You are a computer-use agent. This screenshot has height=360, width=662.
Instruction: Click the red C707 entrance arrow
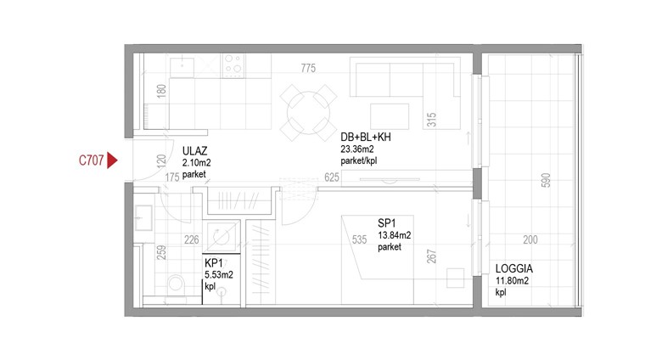pyautogui.click(x=112, y=160)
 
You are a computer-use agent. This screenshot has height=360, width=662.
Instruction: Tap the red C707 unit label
pyautogui.click(x=91, y=160)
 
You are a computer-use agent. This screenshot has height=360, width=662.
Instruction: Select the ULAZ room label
pyautogui.click(x=194, y=151)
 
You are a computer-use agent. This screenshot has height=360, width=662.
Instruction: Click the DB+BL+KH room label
pyautogui.click(x=366, y=137)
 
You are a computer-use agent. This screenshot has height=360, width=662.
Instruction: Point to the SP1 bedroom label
pyautogui.click(x=387, y=223)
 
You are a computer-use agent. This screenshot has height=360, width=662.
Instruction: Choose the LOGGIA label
pyautogui.click(x=513, y=268)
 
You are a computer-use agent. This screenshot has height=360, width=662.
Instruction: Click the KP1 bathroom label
pyautogui.click(x=214, y=263)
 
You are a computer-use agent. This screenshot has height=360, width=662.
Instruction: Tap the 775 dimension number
pyautogui.click(x=308, y=68)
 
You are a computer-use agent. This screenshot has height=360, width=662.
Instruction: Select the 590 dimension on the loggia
pyautogui.click(x=546, y=180)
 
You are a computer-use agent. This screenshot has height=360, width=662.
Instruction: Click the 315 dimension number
pyautogui.click(x=431, y=120)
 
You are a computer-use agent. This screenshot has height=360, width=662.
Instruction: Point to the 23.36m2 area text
pyautogui.click(x=357, y=149)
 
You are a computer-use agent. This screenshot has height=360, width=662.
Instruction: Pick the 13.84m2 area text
pyautogui.click(x=395, y=235)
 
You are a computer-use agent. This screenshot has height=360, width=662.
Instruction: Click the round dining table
pyautogui.click(x=309, y=112)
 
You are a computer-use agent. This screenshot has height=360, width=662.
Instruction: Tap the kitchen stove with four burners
pyautogui.click(x=233, y=65)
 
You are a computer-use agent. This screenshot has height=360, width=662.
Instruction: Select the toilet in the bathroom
pyautogui.click(x=176, y=285)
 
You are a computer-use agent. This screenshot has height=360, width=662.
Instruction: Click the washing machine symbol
pyautogui.click(x=222, y=237)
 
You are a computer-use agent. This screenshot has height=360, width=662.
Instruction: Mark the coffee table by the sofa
pyautogui.click(x=390, y=116)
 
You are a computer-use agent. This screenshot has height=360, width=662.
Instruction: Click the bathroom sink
pyautogui.click(x=143, y=217)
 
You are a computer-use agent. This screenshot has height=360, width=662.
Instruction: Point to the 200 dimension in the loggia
pyautogui.click(x=530, y=240)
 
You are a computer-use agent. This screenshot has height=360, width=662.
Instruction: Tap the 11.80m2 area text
pyautogui.click(x=512, y=280)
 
